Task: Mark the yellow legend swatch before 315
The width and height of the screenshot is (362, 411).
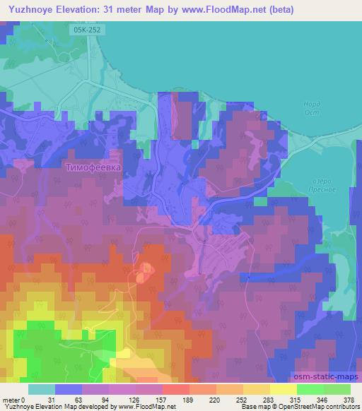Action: tap(283, 390)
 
